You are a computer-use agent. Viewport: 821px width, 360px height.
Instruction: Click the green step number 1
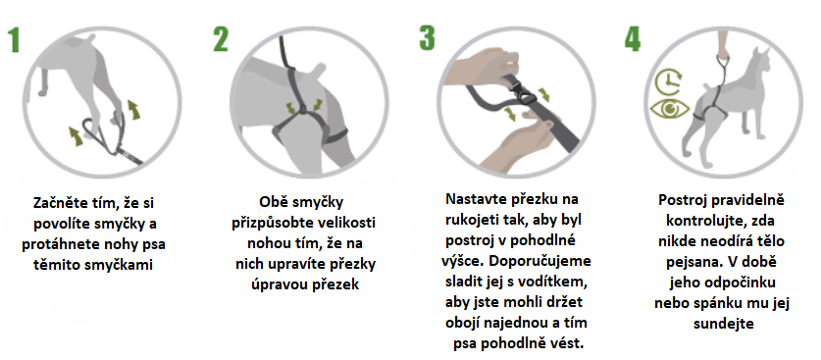[x=14, y=41]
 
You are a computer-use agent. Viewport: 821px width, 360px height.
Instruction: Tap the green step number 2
[x=222, y=40]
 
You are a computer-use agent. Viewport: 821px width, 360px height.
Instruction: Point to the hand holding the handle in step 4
[x=727, y=39]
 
